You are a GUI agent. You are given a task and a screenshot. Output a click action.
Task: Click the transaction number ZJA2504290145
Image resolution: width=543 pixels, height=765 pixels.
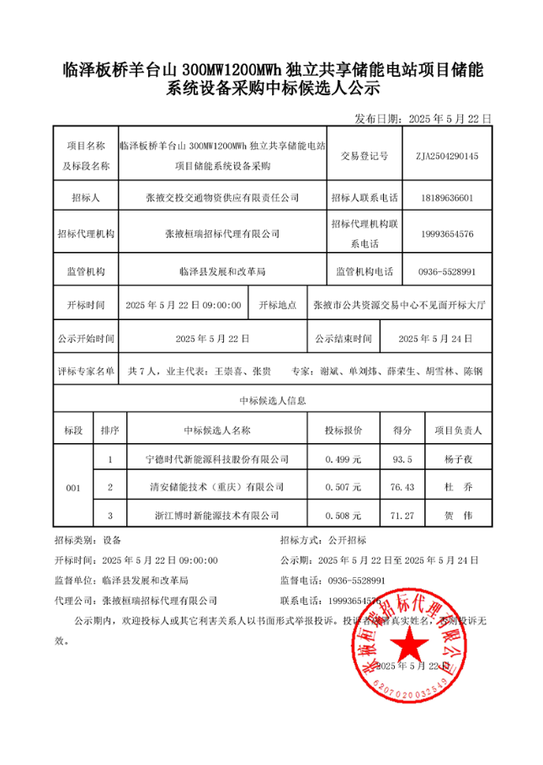[x=446, y=156]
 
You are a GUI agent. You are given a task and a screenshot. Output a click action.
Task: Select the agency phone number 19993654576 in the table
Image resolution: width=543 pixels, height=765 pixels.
[x=446, y=233]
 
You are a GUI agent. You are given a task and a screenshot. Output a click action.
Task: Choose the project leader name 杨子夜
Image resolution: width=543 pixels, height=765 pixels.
[x=461, y=459]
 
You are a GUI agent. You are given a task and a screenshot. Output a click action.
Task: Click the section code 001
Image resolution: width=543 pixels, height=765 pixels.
[x=73, y=487]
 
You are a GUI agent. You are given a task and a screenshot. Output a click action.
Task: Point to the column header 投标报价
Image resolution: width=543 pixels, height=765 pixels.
[x=343, y=430]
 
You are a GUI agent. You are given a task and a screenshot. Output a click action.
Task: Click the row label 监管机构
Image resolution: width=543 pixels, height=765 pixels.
[x=85, y=271]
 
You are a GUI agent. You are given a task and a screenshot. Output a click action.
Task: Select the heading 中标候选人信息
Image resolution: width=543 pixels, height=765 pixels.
[x=272, y=401]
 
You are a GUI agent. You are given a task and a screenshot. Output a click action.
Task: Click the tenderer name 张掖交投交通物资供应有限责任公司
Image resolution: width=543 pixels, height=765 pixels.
[x=222, y=198]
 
